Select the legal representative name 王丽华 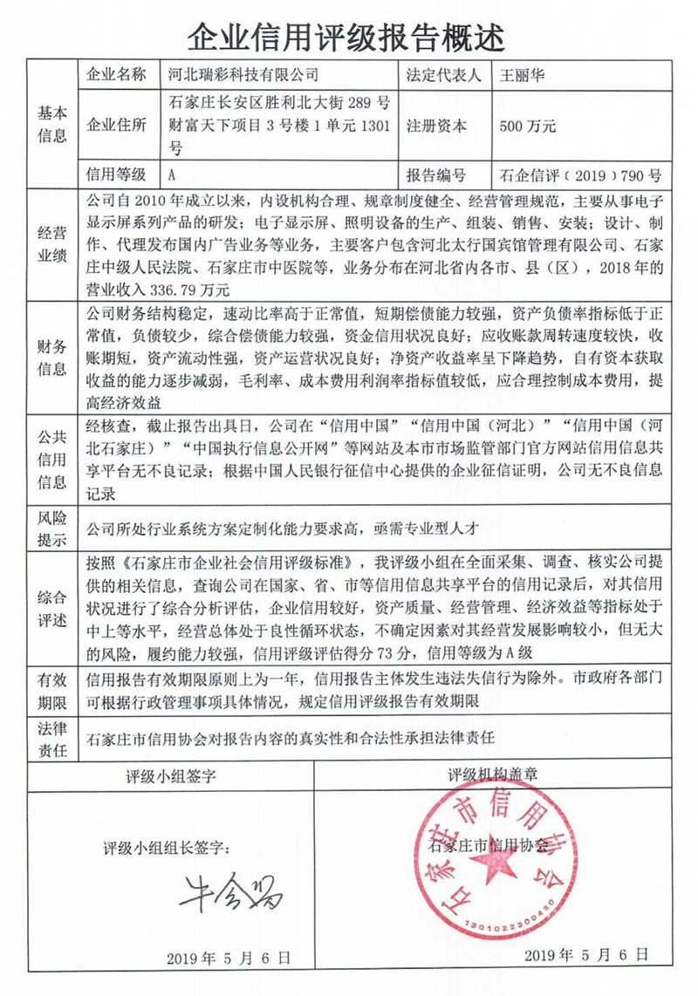[522, 76]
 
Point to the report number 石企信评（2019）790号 [576, 174]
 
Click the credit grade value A [173, 174]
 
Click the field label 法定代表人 [444, 76]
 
